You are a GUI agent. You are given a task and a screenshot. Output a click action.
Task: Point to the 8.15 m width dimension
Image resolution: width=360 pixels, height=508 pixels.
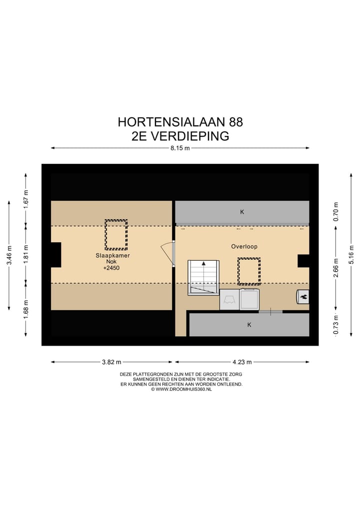click(180, 148)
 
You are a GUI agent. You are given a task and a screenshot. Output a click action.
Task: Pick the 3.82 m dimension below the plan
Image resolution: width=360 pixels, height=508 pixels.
click(111, 362)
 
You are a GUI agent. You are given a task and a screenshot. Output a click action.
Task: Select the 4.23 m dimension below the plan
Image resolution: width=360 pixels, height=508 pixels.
click(242, 362)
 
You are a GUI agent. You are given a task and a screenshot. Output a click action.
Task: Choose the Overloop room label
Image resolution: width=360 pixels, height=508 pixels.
click(244, 246)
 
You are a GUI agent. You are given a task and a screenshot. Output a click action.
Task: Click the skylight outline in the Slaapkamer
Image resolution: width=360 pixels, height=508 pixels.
click(116, 234)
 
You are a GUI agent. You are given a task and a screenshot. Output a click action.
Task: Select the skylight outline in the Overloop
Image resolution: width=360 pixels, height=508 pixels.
click(249, 271)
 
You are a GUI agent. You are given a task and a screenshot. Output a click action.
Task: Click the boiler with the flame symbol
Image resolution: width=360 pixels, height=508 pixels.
click(303, 296)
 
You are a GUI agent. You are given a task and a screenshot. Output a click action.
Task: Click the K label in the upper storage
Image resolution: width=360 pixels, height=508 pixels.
click(242, 212)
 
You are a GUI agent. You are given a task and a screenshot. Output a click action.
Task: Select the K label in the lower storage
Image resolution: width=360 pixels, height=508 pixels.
click(249, 325)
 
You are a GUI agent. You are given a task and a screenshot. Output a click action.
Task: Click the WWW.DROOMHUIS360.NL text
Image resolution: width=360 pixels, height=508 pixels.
click(181, 389)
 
